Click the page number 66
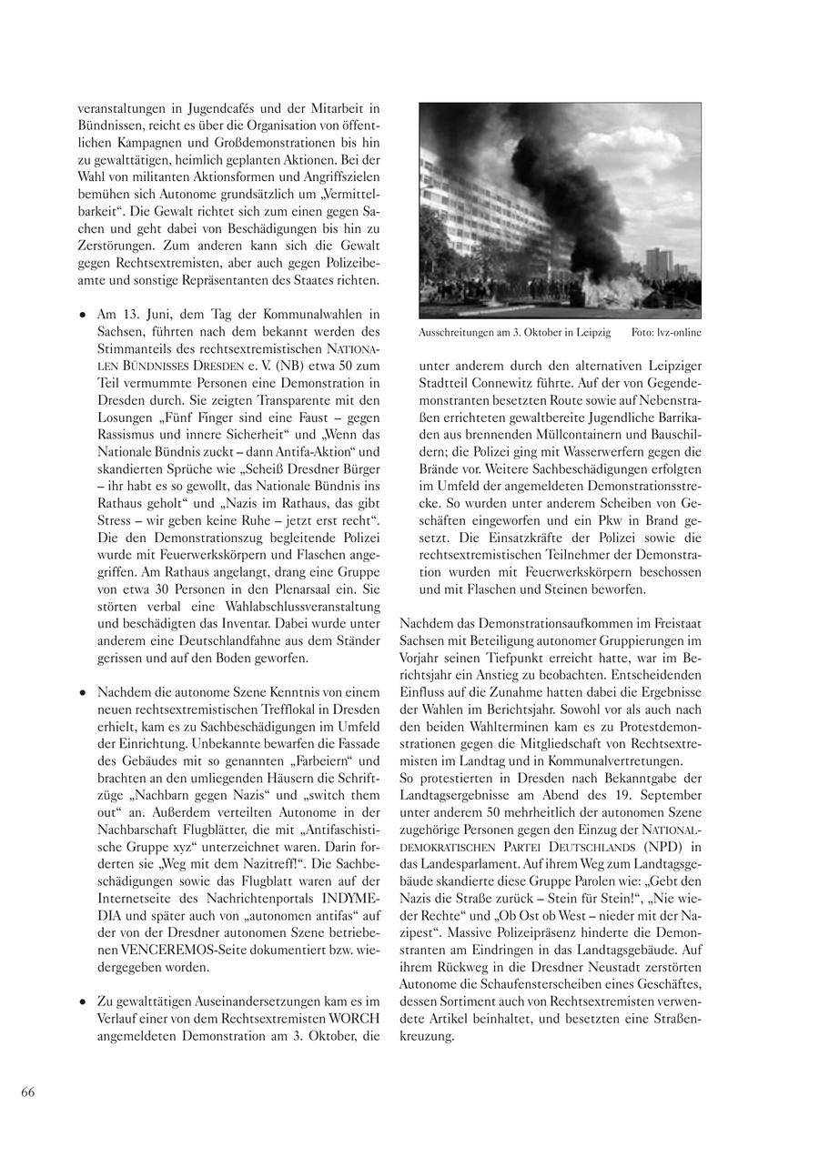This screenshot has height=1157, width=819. click(x=28, y=1092)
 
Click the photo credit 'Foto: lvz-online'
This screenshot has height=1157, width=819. click(x=666, y=333)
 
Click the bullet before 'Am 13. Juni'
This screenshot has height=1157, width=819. click(x=82, y=314)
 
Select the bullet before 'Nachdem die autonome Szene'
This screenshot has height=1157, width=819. click(x=82, y=692)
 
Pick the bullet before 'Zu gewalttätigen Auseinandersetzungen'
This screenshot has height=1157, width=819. click(x=82, y=1001)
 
